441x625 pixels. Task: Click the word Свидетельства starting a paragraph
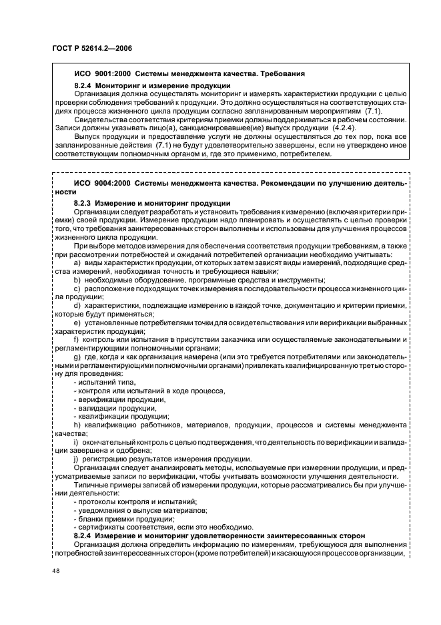pyautogui.click(x=98, y=120)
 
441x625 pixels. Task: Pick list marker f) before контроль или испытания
pyautogui.click(x=78, y=340)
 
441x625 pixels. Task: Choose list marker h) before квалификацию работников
pyautogui.click(x=78, y=425)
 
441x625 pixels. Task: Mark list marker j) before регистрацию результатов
pyautogui.click(x=77, y=458)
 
